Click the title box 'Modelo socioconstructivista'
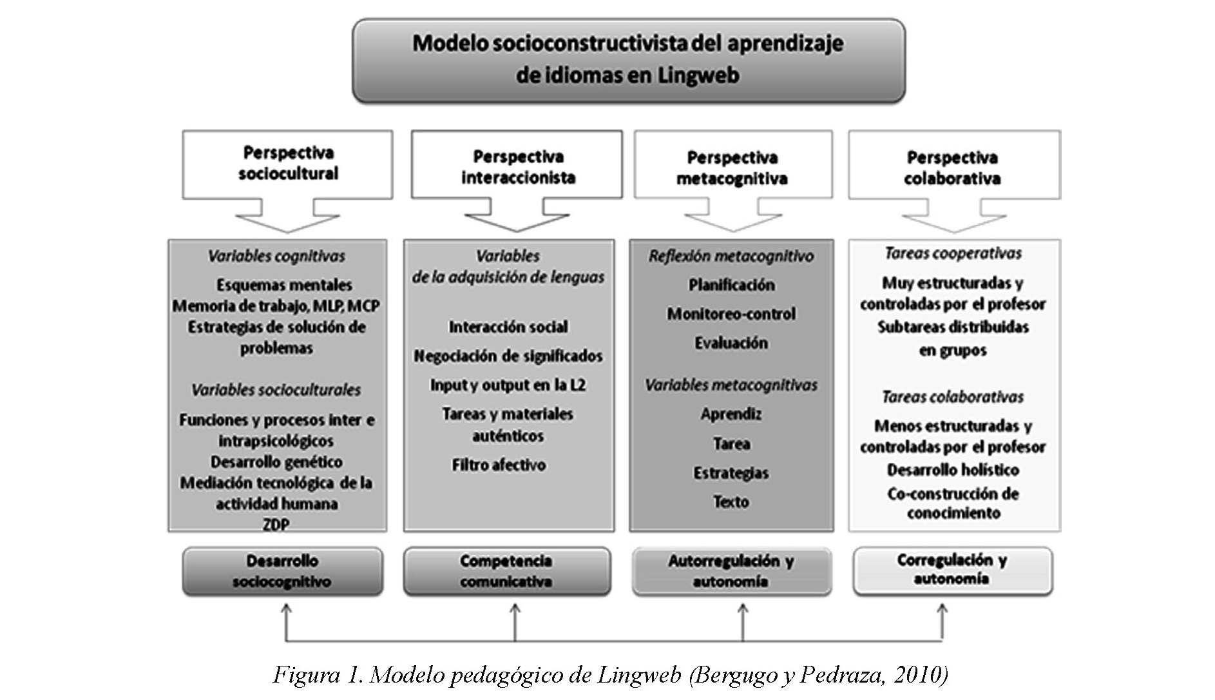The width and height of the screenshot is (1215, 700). (628, 59)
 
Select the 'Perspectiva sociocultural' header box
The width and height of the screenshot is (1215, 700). (287, 164)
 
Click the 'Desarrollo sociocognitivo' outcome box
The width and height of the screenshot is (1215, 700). (282, 571)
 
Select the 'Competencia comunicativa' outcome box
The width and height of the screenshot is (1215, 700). (506, 571)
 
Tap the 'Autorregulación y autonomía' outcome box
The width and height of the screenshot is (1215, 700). (731, 571)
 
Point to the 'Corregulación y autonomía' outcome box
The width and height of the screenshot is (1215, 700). (952, 570)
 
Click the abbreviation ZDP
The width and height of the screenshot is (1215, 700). (276, 524)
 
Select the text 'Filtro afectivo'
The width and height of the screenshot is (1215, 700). (499, 465)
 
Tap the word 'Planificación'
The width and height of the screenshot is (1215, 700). (731, 285)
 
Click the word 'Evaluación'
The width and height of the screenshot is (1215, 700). (731, 343)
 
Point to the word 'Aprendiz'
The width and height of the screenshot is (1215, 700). (731, 414)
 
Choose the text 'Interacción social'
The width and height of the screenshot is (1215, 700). (508, 327)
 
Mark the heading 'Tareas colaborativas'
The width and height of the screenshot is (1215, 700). (953, 397)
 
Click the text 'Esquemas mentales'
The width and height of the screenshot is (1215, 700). (284, 285)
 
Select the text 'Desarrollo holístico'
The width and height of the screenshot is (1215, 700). (953, 470)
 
